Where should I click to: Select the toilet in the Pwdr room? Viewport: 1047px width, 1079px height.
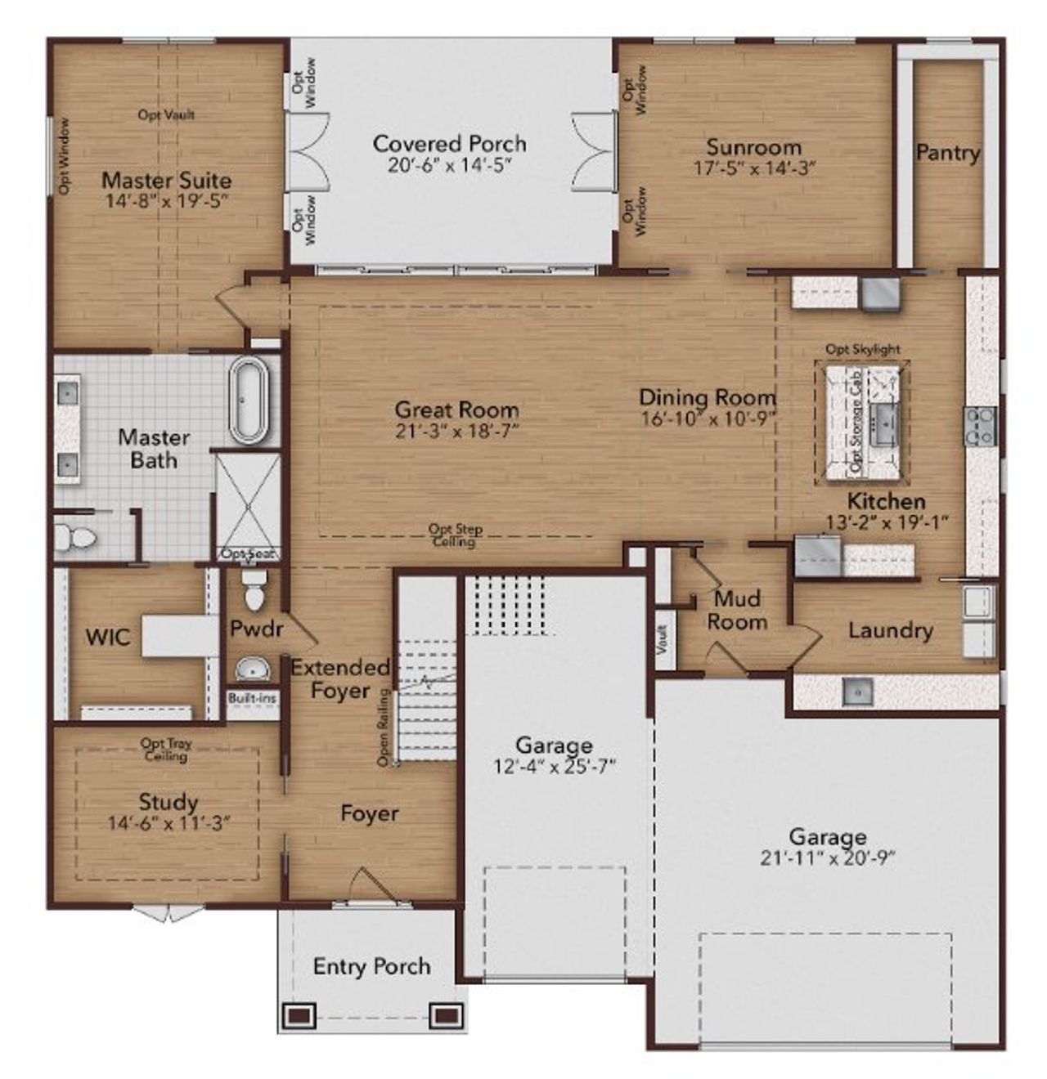tap(255, 590)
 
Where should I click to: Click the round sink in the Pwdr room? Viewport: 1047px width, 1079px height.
tap(254, 670)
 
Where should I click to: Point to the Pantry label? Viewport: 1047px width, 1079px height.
tap(947, 153)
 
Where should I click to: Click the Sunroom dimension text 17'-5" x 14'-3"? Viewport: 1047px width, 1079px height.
tap(754, 168)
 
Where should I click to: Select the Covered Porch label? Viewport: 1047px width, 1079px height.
tap(449, 144)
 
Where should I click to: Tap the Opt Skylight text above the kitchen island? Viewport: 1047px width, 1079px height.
tap(862, 349)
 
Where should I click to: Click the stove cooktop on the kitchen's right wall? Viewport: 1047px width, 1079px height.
tap(980, 426)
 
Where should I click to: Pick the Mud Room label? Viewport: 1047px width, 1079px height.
tap(737, 610)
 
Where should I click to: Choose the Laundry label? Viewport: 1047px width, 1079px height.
tap(890, 630)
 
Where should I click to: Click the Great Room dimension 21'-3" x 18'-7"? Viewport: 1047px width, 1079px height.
tap(456, 431)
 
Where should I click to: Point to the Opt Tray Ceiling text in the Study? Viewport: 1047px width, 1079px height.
tap(166, 750)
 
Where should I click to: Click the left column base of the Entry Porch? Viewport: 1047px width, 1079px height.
tap(298, 1015)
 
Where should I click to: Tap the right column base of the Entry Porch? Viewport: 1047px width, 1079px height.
tap(446, 1015)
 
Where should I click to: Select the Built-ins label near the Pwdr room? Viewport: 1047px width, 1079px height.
tap(253, 699)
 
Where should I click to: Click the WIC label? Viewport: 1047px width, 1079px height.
tap(108, 637)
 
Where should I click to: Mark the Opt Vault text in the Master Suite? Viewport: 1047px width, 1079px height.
tap(166, 115)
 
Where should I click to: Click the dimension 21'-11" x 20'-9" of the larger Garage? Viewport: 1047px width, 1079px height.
tap(827, 857)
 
